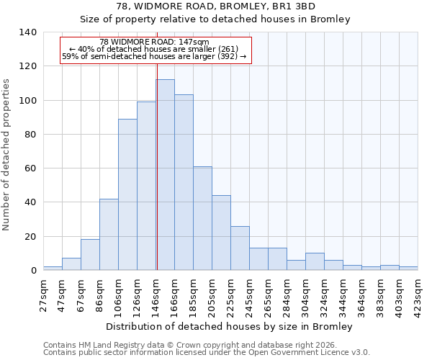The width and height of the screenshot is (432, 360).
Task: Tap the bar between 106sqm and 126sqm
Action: pyautogui.click(x=127, y=194)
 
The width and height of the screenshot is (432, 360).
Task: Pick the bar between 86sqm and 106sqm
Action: pyautogui.click(x=109, y=235)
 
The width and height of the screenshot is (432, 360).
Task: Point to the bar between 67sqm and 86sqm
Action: pyautogui.click(x=90, y=255)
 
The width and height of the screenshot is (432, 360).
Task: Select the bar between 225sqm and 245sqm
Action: pyautogui.click(x=240, y=248)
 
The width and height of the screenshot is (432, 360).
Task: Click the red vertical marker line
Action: pyautogui.click(x=156, y=166)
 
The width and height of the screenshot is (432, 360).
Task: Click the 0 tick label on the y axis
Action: pyautogui.click(x=33, y=271)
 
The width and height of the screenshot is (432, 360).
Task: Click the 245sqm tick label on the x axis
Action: pyautogui.click(x=249, y=294)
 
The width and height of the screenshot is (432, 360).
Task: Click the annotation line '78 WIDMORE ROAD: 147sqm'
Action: pyautogui.click(x=154, y=42)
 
